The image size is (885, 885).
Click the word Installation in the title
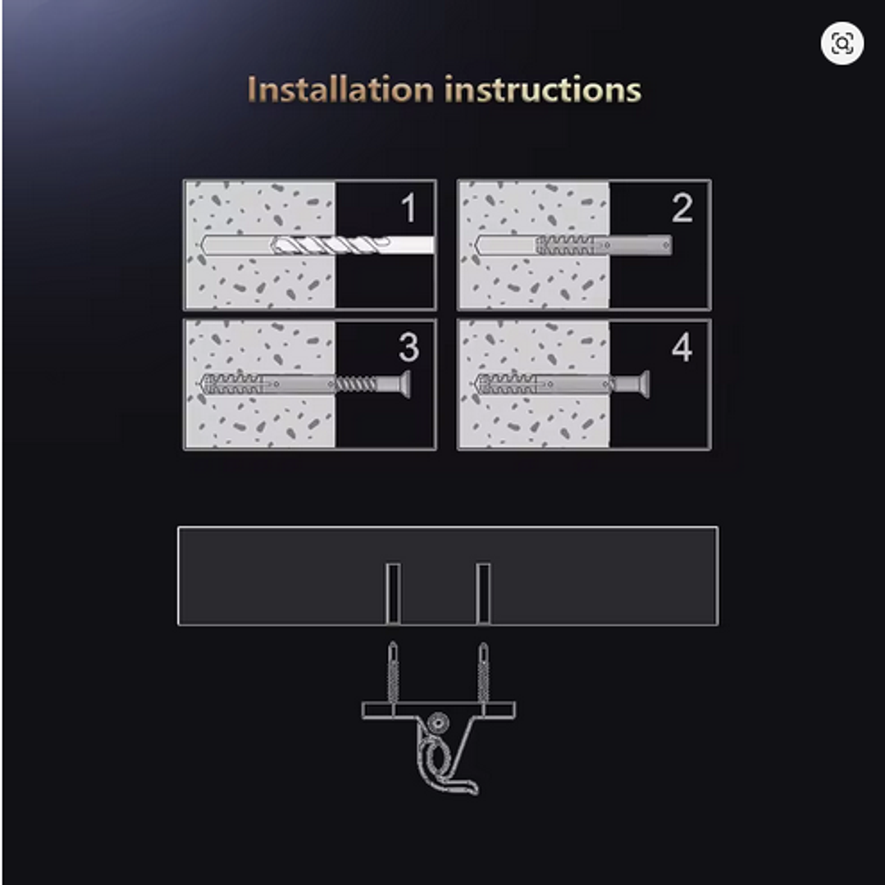pos(340,89)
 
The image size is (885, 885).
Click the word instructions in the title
pos(543,89)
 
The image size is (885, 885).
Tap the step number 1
pos(409,208)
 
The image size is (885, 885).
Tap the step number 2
pos(682,208)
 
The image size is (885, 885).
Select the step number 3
pos(409,346)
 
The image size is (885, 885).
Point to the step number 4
pos(682,346)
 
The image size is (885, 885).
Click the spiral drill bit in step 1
pos(331,245)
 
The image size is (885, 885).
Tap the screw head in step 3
pos(404,385)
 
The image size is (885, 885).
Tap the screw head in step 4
pos(642,385)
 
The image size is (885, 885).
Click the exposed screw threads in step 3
pos(356,385)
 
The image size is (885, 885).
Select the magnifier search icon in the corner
pos(842,43)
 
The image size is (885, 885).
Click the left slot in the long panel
pos(393,593)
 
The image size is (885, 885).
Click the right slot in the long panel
pos(483,593)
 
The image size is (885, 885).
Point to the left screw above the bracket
pos(393,672)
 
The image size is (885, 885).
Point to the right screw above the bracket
pos(483,672)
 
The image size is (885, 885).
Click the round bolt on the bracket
pos(437,723)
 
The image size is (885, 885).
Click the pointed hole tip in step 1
pos(204,245)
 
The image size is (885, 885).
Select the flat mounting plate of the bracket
pos(439,710)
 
